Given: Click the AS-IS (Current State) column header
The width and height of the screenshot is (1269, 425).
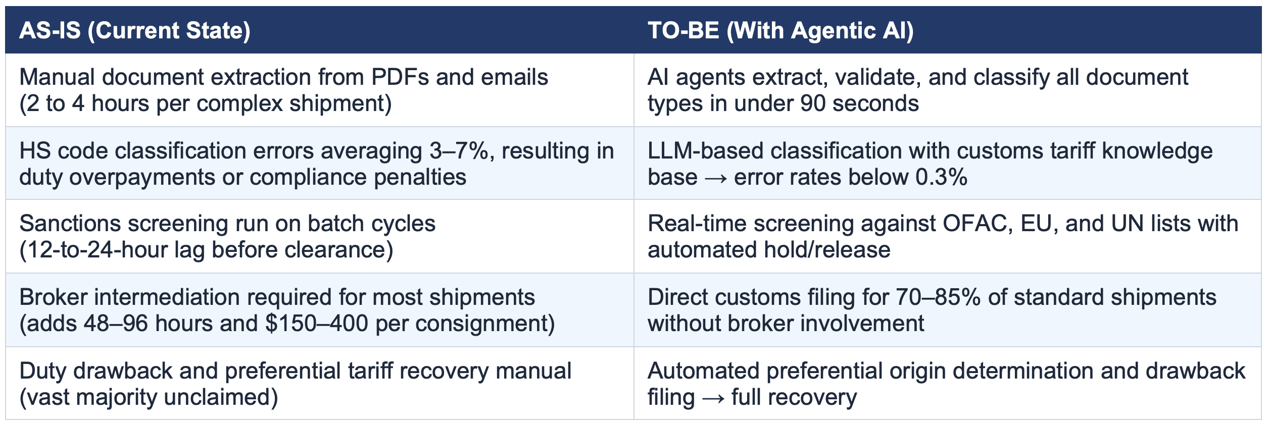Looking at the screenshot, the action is click(134, 30).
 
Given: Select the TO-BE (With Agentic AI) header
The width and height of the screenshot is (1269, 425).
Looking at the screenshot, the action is click(780, 30).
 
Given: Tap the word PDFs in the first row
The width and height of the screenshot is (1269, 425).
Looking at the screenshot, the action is click(400, 77).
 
